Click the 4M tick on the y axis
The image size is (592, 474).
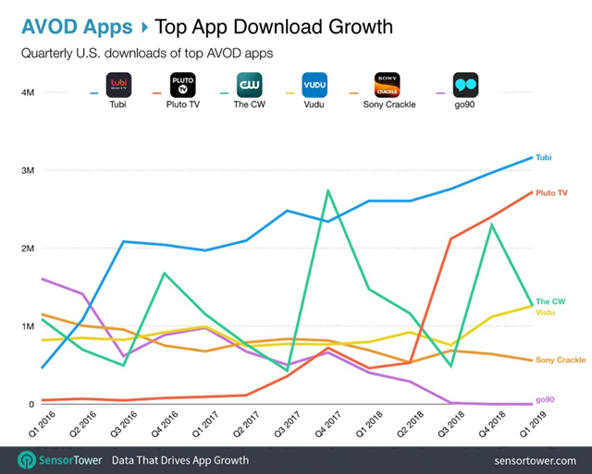pyautogui.click(x=28, y=93)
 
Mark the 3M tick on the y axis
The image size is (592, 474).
pyautogui.click(x=28, y=171)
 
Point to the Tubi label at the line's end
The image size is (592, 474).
pyautogui.click(x=545, y=158)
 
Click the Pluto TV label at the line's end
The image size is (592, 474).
pyautogui.click(x=552, y=193)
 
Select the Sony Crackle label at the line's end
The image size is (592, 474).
pyautogui.click(x=560, y=359)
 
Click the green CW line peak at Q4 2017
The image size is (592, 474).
pyautogui.click(x=328, y=190)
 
